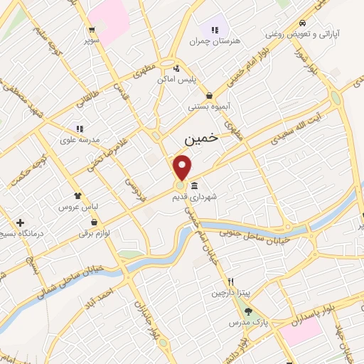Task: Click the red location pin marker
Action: pyautogui.click(x=183, y=168)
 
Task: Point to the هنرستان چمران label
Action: pyautogui.click(x=215, y=41)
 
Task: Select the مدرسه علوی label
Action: pyautogui.click(x=80, y=140)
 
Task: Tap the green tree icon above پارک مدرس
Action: pyautogui.click(x=247, y=311)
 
